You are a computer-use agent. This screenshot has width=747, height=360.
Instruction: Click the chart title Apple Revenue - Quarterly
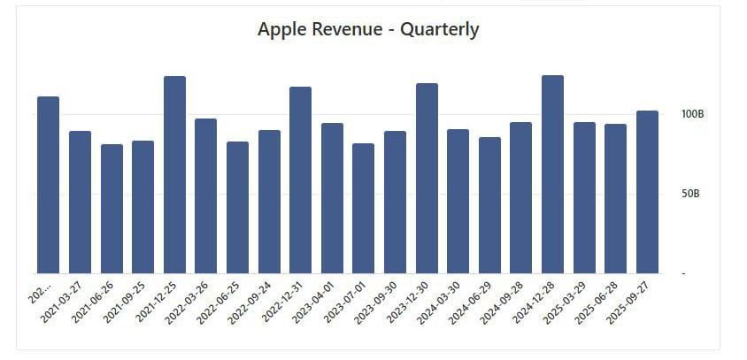click(368, 29)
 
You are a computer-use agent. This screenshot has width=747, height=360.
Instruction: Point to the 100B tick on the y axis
click(692, 114)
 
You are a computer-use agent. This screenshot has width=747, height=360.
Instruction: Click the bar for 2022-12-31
click(300, 180)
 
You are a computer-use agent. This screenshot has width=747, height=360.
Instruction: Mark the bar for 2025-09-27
click(647, 192)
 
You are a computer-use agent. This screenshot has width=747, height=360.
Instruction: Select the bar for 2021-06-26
click(112, 209)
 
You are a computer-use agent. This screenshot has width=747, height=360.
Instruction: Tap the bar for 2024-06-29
click(489, 205)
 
